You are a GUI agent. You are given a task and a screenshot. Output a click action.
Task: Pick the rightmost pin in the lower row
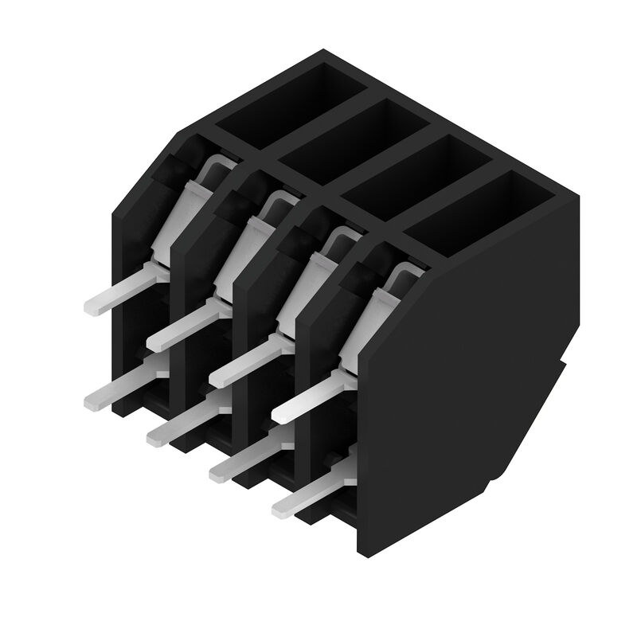[x=307, y=498]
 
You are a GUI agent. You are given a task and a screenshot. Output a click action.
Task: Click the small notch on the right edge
[x=567, y=366]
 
